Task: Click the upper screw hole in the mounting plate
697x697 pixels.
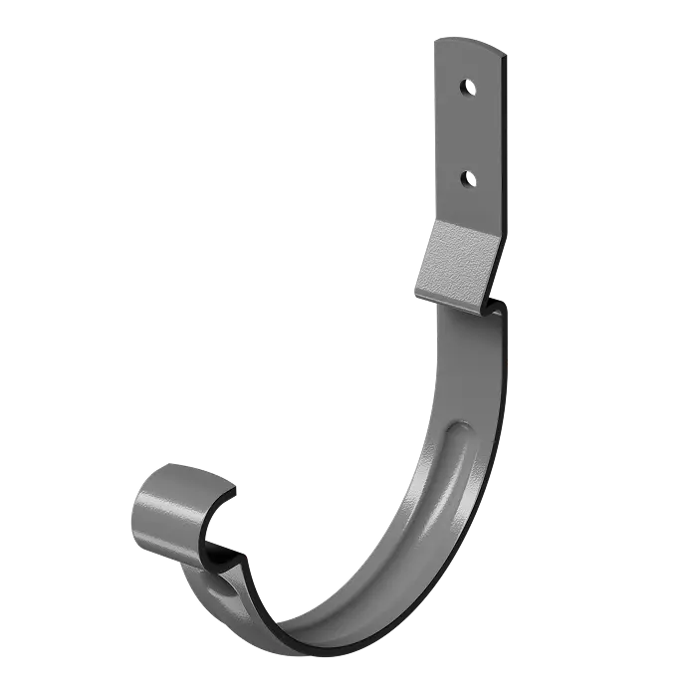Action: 466,88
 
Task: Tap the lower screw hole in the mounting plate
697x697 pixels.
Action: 466,178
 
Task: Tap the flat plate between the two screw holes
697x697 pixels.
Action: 466,132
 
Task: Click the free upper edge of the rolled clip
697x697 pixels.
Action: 184,468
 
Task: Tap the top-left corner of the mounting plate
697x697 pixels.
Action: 435,40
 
